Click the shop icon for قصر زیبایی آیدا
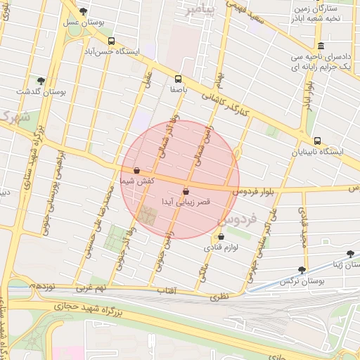186,191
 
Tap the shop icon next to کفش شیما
136,170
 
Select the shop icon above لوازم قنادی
221,237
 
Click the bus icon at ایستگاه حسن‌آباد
111,41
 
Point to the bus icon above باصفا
177,79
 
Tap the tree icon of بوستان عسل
84,11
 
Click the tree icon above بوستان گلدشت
41,81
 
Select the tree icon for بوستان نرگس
302,269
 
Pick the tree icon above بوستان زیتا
350,254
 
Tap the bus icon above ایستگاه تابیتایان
318,141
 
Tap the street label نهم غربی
91,288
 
